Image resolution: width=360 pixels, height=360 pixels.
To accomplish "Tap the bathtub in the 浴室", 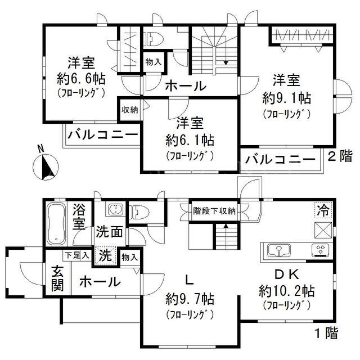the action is (56, 224).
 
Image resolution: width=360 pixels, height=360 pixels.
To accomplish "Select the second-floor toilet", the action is (154, 38).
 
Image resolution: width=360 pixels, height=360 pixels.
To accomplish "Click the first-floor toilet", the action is (139, 211).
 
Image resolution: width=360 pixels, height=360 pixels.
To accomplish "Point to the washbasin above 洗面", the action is (116, 209).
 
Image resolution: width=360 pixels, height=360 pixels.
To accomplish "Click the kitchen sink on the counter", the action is (279, 250).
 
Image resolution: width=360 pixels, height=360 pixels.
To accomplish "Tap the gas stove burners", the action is (320, 250).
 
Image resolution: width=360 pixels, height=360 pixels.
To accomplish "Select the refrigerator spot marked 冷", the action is (324, 210).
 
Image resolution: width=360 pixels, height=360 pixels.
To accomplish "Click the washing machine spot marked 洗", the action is (105, 255).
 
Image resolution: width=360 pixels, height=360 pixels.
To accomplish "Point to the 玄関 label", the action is (57, 278).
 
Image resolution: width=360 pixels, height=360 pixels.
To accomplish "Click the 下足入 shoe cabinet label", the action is (76, 255).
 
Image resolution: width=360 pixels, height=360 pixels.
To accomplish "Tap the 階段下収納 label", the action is (214, 211).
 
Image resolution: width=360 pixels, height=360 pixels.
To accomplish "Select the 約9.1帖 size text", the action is (287, 98).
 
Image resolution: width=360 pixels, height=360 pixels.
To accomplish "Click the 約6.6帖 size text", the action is (81, 79).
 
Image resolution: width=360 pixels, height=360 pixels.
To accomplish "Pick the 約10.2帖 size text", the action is (287, 291).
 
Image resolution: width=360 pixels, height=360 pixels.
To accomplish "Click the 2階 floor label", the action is (340, 157).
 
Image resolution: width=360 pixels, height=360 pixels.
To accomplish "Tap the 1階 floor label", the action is (326, 333).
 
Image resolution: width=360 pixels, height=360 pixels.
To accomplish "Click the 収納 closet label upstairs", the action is (130, 110).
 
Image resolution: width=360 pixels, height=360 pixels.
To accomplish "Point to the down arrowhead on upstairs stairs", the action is (226, 62).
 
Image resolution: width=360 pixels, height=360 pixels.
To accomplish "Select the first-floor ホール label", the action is (100, 282).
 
